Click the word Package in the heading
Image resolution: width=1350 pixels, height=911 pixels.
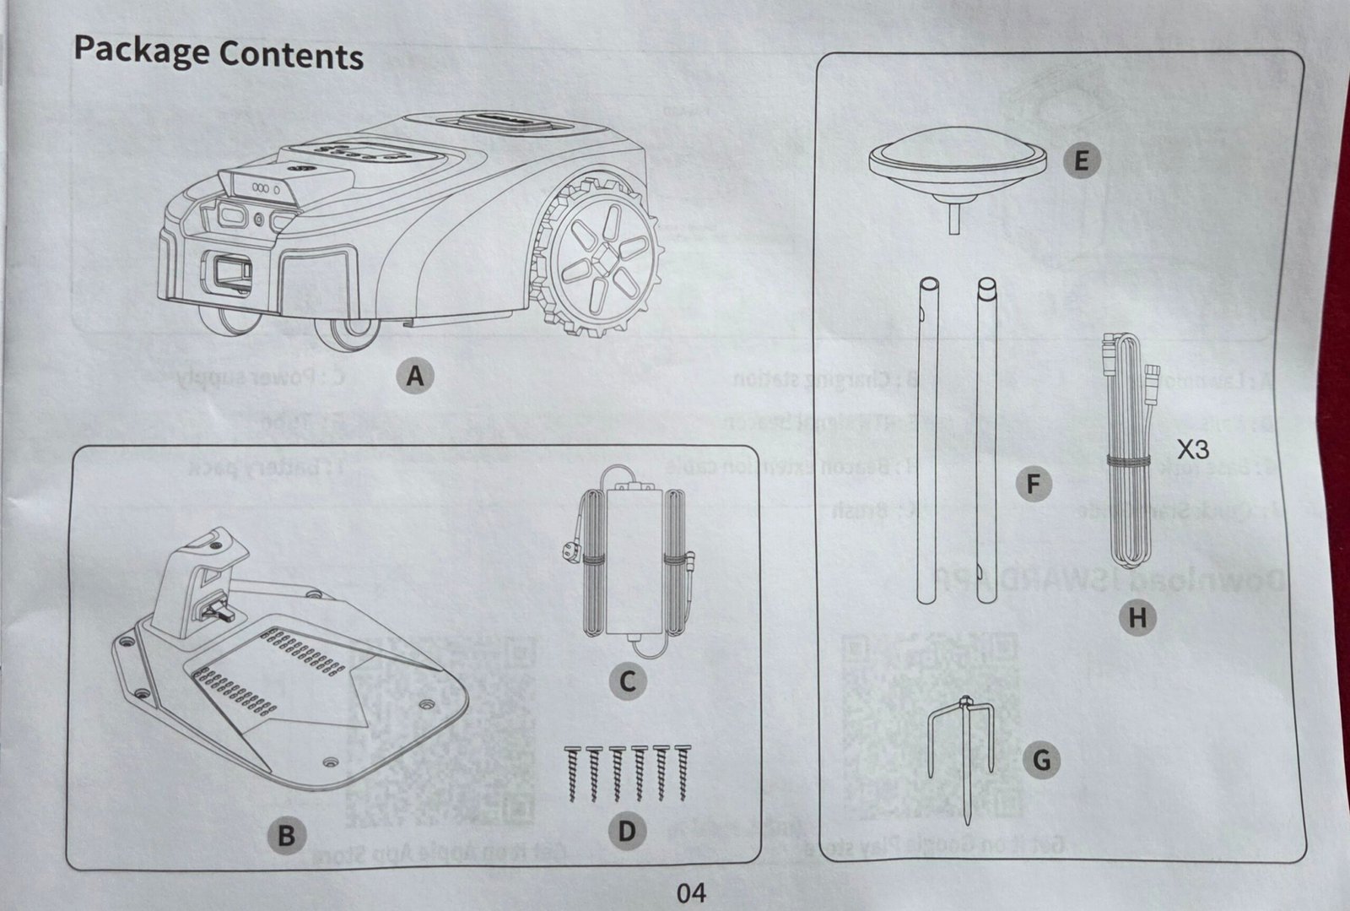(x=141, y=51)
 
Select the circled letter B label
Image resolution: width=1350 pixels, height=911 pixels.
(x=286, y=836)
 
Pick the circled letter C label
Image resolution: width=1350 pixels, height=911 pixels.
(x=627, y=681)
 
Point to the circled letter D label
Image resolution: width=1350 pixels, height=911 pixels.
(x=626, y=832)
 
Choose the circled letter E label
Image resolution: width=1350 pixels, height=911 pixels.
(x=1082, y=160)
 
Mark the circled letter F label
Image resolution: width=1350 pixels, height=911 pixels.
(x=1034, y=485)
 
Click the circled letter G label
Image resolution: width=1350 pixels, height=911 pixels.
(x=1041, y=761)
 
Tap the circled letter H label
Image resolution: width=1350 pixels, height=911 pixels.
(x=1137, y=618)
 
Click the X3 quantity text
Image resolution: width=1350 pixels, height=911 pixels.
(x=1192, y=448)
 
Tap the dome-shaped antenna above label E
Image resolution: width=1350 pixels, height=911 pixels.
(x=958, y=160)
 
